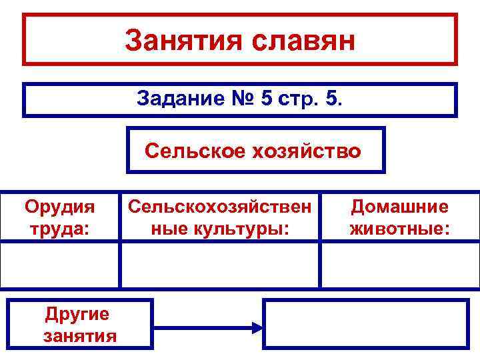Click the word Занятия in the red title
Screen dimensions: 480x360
[x=181, y=41]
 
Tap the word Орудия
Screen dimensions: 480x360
[x=59, y=207]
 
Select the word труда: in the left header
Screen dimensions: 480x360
[x=59, y=229]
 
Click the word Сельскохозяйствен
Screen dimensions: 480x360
[x=219, y=207]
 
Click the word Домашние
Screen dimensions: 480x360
[x=400, y=207]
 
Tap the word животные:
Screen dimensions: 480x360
[x=400, y=229]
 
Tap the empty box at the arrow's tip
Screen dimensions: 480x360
[x=366, y=323]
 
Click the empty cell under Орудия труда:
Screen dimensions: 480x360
[x=60, y=265]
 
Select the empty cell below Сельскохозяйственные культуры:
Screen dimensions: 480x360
[x=220, y=265]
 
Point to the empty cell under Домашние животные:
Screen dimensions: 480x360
[x=400, y=265]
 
